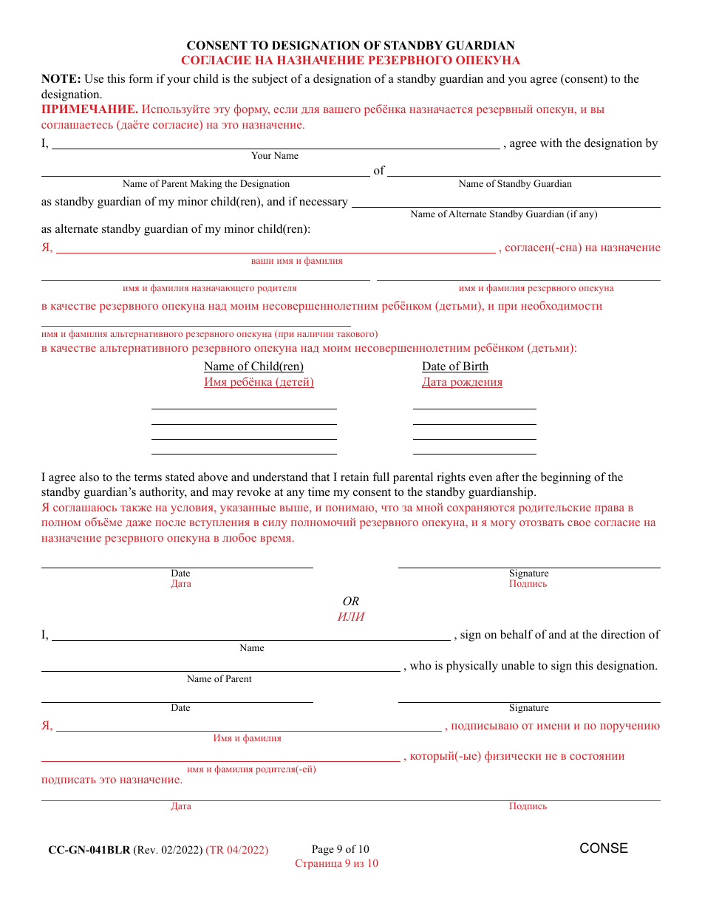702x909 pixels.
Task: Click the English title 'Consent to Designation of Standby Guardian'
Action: coord(350,46)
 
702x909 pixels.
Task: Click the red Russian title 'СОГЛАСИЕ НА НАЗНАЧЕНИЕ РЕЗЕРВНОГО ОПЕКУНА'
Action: coord(350,61)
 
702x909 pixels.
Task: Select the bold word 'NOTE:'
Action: coord(61,79)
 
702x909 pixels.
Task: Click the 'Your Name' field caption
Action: coord(275,156)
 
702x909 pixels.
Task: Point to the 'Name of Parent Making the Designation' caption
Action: coord(205,184)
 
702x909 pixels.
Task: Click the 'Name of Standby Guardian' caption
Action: coord(515,184)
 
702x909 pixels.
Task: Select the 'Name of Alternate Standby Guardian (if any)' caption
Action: coord(503,214)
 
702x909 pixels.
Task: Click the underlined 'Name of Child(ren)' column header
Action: coord(253,367)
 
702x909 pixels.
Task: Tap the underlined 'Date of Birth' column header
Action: coord(454,367)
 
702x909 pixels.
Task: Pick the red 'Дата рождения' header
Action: coord(462,382)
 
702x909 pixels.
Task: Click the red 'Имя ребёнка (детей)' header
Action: coord(259,382)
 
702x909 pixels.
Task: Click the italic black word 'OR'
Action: coord(351,602)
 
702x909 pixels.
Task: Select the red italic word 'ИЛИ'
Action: coord(351,617)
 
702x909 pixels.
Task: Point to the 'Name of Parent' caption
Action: coord(219,679)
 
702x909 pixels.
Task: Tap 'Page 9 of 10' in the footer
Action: coord(341,849)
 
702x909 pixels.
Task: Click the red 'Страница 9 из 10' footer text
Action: coord(336,863)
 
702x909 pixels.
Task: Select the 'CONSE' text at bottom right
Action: coord(604,848)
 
